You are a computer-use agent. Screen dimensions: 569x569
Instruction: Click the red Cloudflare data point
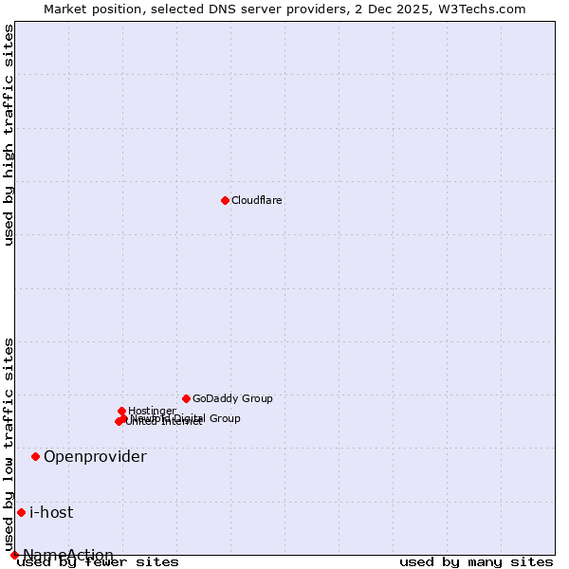pyautogui.click(x=225, y=200)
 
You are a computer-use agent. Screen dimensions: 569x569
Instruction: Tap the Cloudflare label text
pyautogui.click(x=257, y=201)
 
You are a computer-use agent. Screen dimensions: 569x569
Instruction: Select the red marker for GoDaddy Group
pyautogui.click(x=186, y=398)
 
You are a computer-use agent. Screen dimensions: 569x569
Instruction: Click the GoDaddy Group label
pyautogui.click(x=232, y=399)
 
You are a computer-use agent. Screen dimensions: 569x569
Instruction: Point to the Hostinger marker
pyautogui.click(x=122, y=411)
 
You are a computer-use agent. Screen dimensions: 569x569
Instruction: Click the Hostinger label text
pyautogui.click(x=152, y=411)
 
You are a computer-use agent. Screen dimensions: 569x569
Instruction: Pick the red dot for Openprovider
pyautogui.click(x=36, y=456)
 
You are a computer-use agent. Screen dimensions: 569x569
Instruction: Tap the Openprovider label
pyautogui.click(x=95, y=457)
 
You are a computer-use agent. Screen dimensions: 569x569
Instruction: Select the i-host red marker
pyautogui.click(x=21, y=512)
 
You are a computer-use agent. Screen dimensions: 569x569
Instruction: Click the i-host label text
pyautogui.click(x=51, y=513)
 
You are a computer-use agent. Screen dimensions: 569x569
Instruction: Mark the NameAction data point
pyautogui.click(x=14, y=555)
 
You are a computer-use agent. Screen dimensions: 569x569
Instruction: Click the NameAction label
pyautogui.click(x=68, y=555)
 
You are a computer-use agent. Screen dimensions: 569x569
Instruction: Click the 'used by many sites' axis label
pyautogui.click(x=476, y=562)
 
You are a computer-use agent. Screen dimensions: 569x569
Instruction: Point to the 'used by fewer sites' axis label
pyautogui.click(x=99, y=562)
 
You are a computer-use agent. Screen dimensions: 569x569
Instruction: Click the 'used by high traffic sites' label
pyautogui.click(x=9, y=135)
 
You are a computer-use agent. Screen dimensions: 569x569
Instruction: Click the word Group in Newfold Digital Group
pyautogui.click(x=225, y=418)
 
